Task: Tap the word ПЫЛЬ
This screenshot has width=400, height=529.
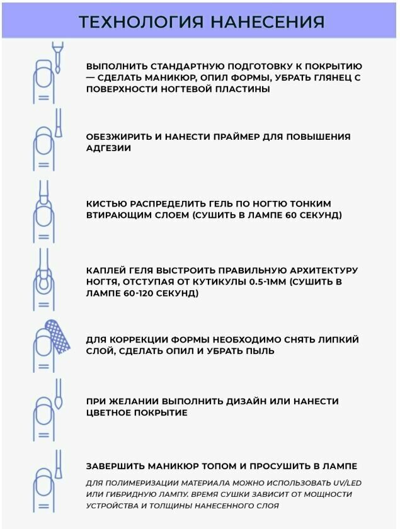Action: pyautogui.click(x=260, y=351)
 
